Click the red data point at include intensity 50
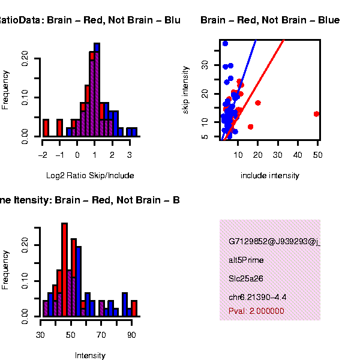[x=316, y=114]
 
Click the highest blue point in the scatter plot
[x=225, y=44]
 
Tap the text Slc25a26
[x=246, y=278]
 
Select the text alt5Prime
[x=246, y=260]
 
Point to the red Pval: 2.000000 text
[x=256, y=311]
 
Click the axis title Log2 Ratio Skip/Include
[x=90, y=176]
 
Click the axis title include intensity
[x=269, y=176]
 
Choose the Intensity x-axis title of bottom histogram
[x=90, y=355]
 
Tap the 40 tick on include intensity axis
[x=298, y=154]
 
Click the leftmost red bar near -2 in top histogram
[x=46, y=128]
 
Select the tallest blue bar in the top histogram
[x=97, y=90]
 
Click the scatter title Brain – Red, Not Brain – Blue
[x=270, y=20]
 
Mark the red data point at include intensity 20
[x=258, y=103]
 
